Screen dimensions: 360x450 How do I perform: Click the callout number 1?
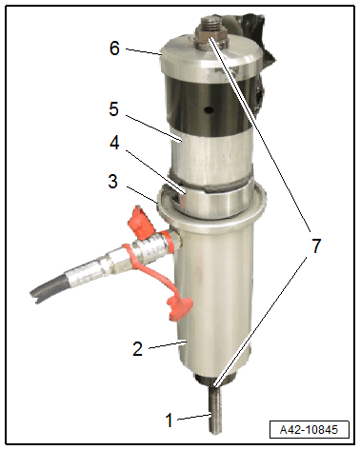(x=170, y=420)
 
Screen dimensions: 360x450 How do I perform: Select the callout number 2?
(x=137, y=348)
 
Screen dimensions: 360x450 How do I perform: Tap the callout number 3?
(x=113, y=182)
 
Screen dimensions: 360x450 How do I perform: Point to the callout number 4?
(x=114, y=142)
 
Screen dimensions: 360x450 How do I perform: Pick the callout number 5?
(x=114, y=109)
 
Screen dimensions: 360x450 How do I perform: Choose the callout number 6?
(x=114, y=49)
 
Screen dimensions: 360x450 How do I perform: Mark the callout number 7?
(x=316, y=245)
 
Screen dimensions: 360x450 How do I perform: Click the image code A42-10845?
(x=309, y=430)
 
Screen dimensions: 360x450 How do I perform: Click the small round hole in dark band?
(x=209, y=110)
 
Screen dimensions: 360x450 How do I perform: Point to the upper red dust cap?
(x=140, y=223)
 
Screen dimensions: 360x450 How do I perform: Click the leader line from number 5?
(x=153, y=127)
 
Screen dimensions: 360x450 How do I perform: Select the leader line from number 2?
(x=167, y=345)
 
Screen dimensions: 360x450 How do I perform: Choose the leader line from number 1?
(x=194, y=417)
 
